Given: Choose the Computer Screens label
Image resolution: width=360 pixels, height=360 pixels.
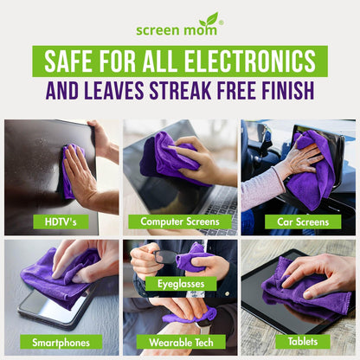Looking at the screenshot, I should pos(179,221).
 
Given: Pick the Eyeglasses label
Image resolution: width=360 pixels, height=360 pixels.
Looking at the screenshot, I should pos(181,283).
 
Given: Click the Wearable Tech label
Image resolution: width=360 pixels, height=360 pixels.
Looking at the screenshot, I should pos(179,341).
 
